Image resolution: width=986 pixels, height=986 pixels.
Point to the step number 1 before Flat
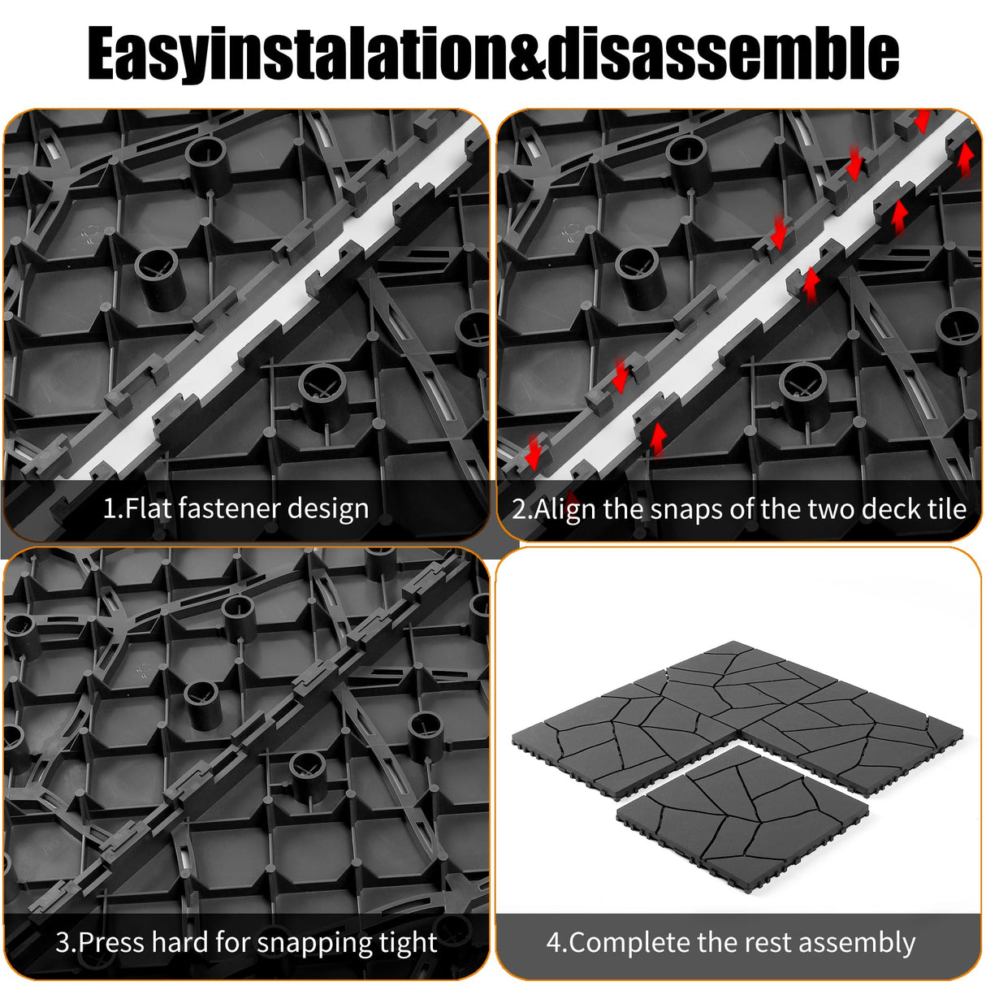click(110, 509)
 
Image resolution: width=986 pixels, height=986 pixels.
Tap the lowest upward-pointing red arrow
click(658, 438)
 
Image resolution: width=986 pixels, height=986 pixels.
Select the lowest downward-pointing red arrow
click(533, 452)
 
